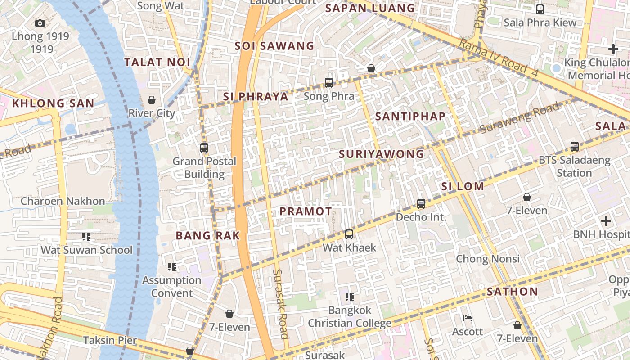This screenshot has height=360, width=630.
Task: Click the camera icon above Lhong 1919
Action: [40, 23]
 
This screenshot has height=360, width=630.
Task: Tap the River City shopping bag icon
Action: [152, 99]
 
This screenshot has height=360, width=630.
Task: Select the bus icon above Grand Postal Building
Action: [204, 148]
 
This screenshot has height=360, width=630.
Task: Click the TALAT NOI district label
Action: [157, 63]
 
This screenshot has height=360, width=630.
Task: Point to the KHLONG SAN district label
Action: [53, 103]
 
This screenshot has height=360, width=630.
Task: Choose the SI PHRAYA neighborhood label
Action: [256, 97]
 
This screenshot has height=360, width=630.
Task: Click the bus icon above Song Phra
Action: [329, 83]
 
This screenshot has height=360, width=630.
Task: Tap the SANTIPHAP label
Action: [410, 117]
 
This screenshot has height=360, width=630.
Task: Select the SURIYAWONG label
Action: [382, 154]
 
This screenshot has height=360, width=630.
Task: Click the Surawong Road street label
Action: [520, 118]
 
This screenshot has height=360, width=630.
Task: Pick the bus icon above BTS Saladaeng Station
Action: [574, 146]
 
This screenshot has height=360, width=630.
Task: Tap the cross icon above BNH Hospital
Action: [606, 221]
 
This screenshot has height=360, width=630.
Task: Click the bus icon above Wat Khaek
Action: [349, 234]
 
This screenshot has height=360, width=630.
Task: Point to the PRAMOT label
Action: [306, 211]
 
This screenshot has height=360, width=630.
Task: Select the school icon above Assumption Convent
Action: [171, 267]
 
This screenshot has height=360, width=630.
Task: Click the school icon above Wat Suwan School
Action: [86, 237]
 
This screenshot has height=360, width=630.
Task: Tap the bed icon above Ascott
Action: [468, 318]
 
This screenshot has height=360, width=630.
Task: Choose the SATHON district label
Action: [513, 292]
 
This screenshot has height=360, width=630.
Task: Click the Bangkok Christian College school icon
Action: [349, 297]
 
